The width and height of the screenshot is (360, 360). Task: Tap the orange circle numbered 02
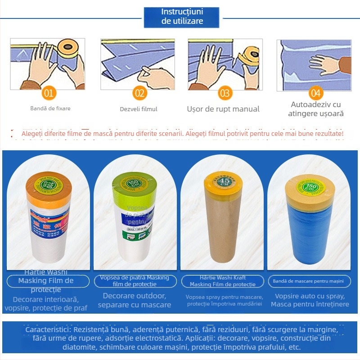(140, 94)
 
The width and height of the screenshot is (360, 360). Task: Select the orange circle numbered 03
(225, 94)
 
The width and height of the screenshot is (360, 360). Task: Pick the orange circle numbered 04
(316, 94)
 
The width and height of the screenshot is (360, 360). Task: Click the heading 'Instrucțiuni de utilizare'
(182, 17)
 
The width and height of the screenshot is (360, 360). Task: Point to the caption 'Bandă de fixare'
(50, 108)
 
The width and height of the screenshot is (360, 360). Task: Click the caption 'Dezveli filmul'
(139, 109)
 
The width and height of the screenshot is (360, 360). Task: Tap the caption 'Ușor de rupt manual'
(223, 109)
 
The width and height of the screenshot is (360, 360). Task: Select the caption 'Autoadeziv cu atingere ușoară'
(316, 109)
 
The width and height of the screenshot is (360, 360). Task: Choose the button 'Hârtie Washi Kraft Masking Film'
(224, 281)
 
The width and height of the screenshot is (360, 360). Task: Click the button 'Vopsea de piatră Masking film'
(135, 281)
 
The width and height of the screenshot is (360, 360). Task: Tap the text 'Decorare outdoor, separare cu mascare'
(135, 300)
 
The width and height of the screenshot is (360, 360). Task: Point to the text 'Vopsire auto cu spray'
(310, 297)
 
